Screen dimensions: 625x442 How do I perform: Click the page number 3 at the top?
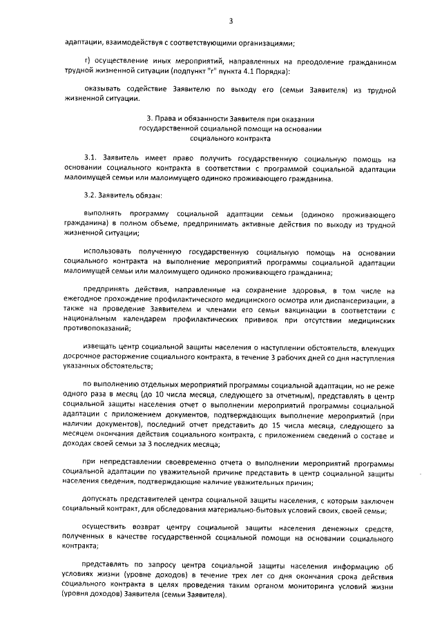click(x=222, y=20)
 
